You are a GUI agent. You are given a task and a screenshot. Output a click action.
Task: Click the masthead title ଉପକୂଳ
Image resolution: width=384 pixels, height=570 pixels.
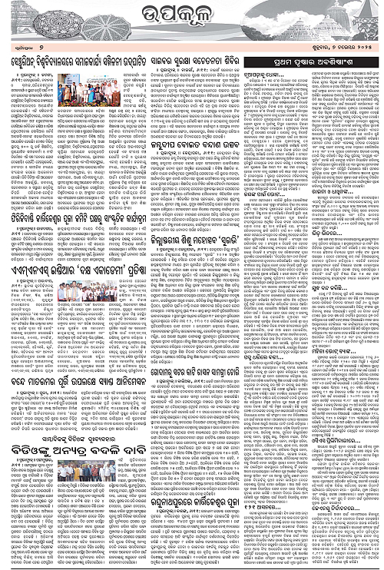click(192, 15)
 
